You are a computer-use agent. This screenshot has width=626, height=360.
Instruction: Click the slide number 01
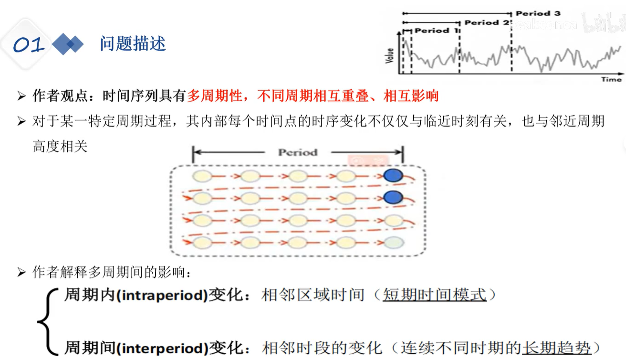(x=29, y=45)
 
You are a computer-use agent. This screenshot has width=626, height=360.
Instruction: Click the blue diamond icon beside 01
(x=67, y=44)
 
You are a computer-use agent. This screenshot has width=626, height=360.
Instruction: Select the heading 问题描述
(x=133, y=44)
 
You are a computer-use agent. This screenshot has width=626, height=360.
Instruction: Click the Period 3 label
(x=538, y=13)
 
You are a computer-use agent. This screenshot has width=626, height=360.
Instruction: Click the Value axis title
(x=390, y=55)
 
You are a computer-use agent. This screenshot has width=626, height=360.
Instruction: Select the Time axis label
(x=611, y=79)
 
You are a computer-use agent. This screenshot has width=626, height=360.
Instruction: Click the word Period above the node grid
(x=298, y=153)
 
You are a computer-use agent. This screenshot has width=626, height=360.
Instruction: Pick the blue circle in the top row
(x=393, y=176)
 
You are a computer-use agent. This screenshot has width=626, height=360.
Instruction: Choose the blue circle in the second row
(x=393, y=197)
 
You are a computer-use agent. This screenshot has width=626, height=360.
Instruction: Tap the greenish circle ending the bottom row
(x=394, y=243)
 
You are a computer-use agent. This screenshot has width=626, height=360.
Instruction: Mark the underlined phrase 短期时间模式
(x=435, y=295)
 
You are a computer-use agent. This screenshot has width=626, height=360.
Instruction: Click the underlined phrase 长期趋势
(x=557, y=347)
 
